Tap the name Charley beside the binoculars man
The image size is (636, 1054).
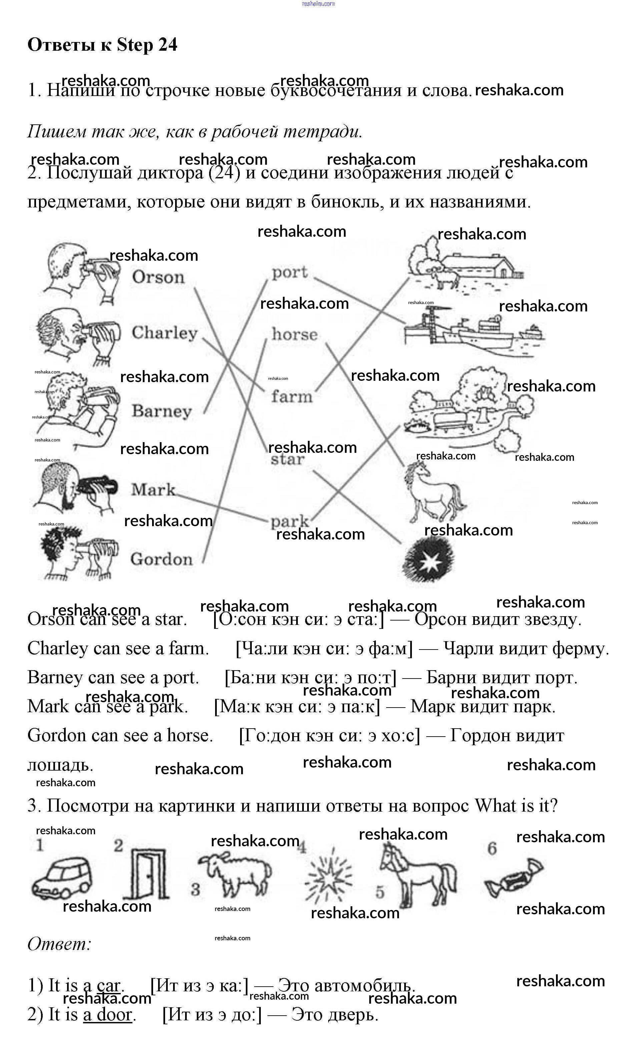[164, 332]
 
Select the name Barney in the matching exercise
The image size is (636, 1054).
[161, 411]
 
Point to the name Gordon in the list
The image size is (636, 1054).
[161, 559]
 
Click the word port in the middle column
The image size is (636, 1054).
[289, 272]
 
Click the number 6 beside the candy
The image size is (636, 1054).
[492, 848]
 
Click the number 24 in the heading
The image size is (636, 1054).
[168, 44]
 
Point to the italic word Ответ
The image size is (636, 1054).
[59, 944]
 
